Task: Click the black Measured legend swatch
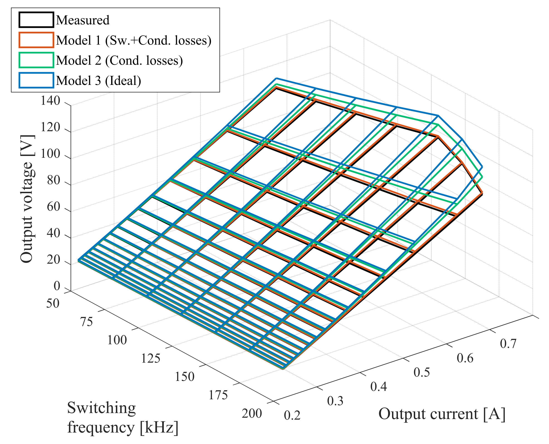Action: pos(36,20)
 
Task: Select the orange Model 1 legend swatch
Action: pos(36,40)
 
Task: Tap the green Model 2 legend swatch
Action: pos(36,60)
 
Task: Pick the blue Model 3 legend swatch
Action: pos(36,81)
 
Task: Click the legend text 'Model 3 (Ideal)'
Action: pos(98,81)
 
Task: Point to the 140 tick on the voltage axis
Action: pos(50,101)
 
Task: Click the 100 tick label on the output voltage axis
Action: pos(50,154)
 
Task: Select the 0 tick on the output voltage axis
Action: pos(57,286)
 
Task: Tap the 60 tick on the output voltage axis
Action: pos(53,207)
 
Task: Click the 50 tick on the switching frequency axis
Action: pos(53,303)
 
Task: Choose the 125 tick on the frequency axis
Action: pos(151,359)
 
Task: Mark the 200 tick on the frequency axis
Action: pos(252,414)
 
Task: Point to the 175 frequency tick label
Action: pos(218,395)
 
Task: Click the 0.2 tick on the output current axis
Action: pos(292,415)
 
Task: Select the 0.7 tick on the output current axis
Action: pos(508,344)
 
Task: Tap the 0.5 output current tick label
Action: pos(422,372)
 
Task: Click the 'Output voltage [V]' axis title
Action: pos(27,199)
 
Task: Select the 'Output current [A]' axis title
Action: pos(442,414)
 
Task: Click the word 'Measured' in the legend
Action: pos(83,20)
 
